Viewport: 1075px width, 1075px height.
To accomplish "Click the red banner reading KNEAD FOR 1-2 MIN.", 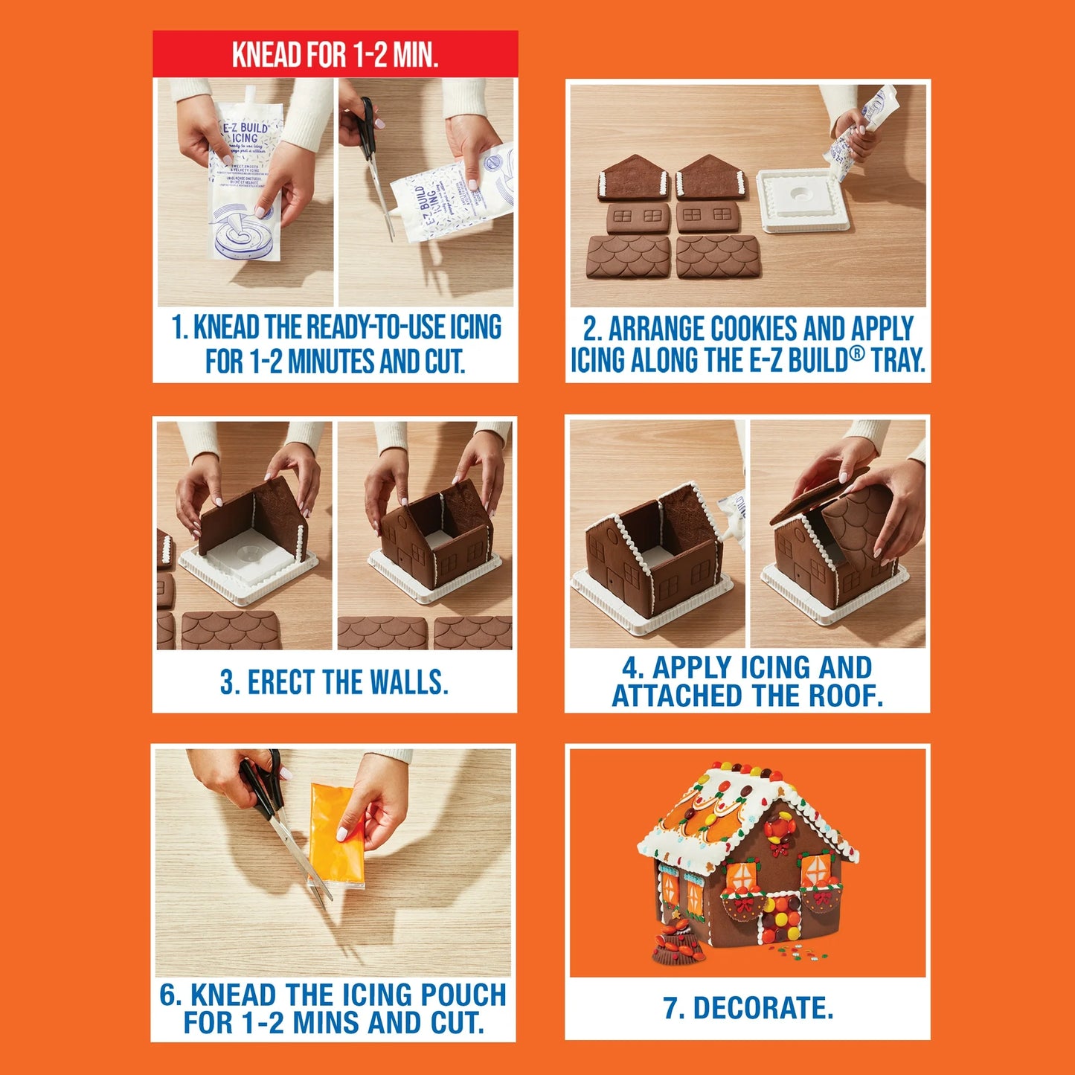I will click(335, 54).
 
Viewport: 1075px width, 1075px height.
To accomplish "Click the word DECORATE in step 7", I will click(763, 1009).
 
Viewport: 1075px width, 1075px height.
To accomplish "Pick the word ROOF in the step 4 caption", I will click(844, 696).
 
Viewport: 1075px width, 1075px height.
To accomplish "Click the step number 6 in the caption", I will click(168, 995).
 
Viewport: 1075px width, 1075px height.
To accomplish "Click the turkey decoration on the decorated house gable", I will click(780, 829).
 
